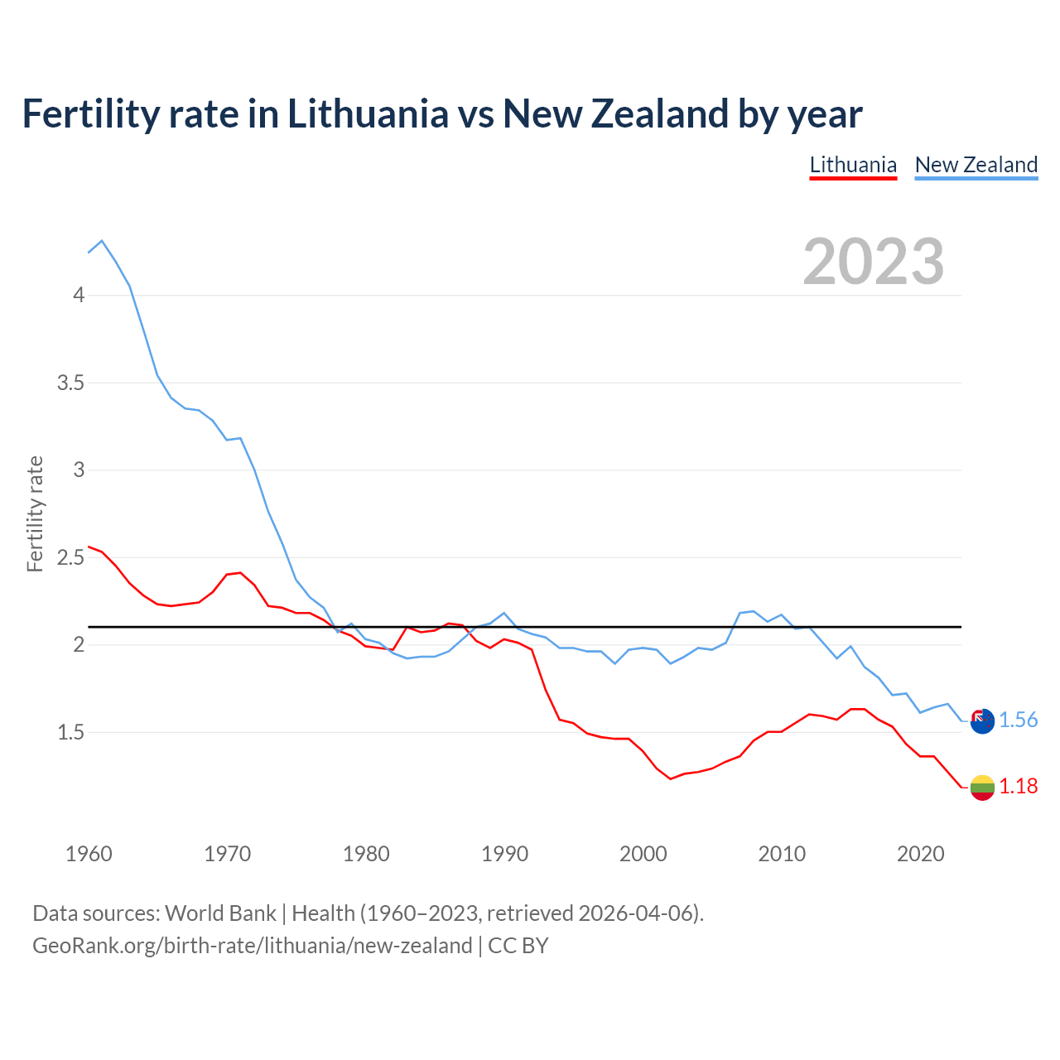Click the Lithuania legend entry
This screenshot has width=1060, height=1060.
(x=853, y=165)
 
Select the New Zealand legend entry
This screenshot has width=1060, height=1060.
(x=976, y=165)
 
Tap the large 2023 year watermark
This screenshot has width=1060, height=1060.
(x=874, y=262)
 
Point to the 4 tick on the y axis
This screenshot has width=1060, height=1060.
(x=79, y=295)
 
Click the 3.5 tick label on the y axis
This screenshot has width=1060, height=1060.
(x=70, y=383)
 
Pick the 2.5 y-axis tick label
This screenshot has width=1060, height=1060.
(x=70, y=557)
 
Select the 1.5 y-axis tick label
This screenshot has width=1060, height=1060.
(x=70, y=732)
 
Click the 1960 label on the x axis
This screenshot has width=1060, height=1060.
(x=89, y=854)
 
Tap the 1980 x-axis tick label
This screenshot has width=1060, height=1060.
(x=366, y=854)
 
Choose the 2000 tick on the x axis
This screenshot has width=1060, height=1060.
(x=643, y=854)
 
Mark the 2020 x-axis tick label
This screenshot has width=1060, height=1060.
(x=920, y=854)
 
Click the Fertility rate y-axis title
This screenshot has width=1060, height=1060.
(x=35, y=513)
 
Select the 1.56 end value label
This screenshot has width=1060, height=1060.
(x=1018, y=720)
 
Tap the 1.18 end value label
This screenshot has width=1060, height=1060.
(x=1018, y=786)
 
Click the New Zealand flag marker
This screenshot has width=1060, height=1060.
(x=982, y=721)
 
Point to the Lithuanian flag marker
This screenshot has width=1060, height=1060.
(x=982, y=788)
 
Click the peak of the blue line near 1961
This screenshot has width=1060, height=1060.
(x=102, y=241)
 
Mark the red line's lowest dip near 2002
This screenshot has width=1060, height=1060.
(x=671, y=778)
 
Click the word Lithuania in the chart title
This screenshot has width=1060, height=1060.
(x=368, y=113)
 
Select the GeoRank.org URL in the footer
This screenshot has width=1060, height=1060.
(x=252, y=946)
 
